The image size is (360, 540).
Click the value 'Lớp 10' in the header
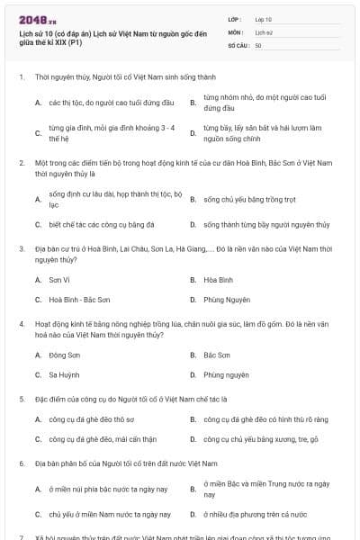pyautogui.click(x=263, y=18)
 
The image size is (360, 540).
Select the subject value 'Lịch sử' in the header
pyautogui.click(x=263, y=31)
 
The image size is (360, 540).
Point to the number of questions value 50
pyautogui.click(x=258, y=45)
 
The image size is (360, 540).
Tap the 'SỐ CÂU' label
pyautogui.click(x=236, y=45)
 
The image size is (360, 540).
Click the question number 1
pyautogui.click(x=21, y=77)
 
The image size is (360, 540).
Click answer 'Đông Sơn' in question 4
pyautogui.click(x=64, y=355)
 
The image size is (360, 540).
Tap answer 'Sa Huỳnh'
pyautogui.click(x=64, y=374)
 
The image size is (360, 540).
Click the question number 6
pyautogui.click(x=21, y=463)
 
